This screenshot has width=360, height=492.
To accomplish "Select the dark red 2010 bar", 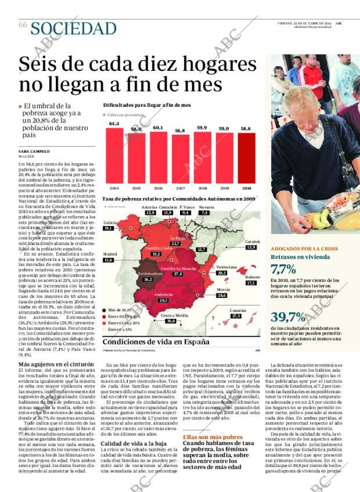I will pos(246,158).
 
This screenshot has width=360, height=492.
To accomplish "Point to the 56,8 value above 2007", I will pos(180,131).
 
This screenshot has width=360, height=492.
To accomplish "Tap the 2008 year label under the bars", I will pos(202,188).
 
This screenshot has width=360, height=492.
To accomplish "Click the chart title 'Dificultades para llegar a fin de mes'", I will pos(147,105).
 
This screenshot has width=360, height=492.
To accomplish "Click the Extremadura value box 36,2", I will pos(148,279).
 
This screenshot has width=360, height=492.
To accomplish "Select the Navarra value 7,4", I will pos(204,213).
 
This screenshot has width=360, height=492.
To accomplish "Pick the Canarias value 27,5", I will pos(236,316).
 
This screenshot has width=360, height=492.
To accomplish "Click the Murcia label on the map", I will pos(223,289).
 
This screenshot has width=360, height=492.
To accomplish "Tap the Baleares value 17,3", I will pos(251,283).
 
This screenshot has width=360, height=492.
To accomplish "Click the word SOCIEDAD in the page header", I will pos(73,28).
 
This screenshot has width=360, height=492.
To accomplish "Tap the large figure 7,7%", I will pos(283,269).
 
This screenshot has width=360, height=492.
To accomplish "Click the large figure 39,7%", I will pos(288,317).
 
